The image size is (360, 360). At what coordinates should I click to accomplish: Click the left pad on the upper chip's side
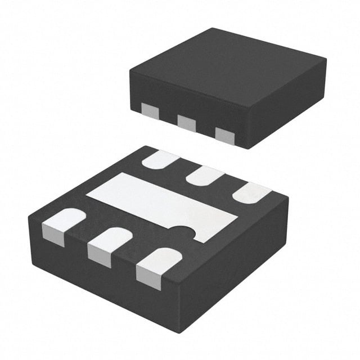point(150,111)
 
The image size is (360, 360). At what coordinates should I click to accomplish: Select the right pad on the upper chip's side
point(224,135)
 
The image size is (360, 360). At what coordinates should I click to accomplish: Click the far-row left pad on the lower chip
point(161,160)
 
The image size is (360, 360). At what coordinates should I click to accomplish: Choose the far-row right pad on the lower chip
point(251,193)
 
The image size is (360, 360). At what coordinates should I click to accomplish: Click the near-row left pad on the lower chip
point(63,224)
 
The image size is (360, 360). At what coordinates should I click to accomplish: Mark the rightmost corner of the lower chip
point(288,198)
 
